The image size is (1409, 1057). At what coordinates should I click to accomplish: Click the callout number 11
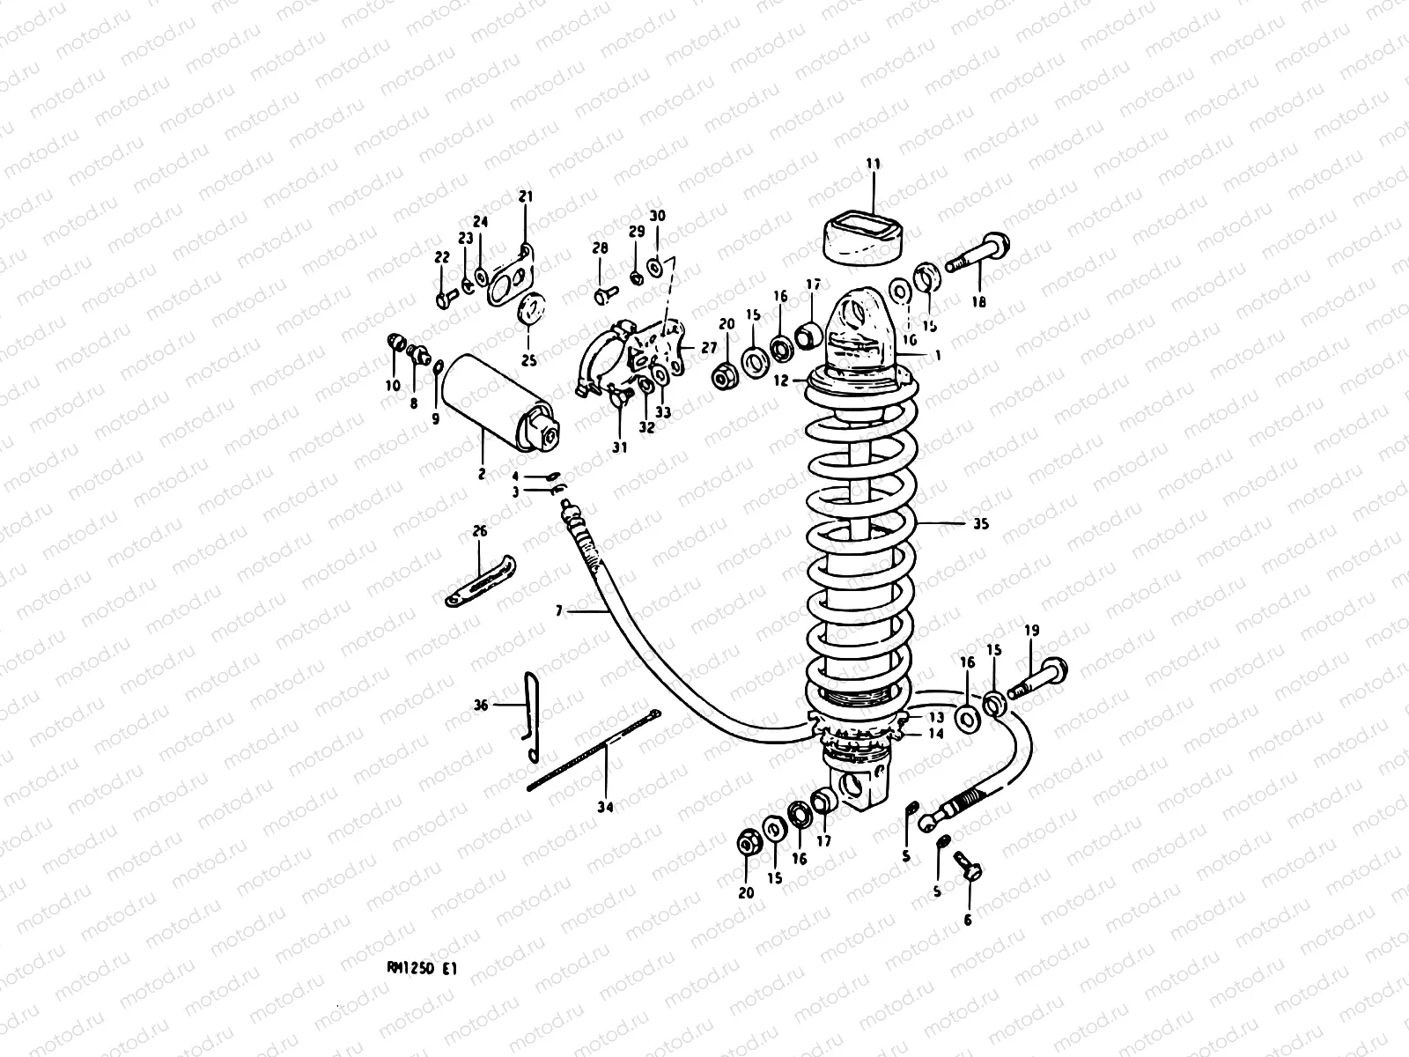[872, 164]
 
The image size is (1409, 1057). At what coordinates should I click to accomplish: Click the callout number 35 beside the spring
[981, 523]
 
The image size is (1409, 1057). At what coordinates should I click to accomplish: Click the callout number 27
[709, 348]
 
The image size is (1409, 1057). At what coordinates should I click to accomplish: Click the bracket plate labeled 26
[480, 581]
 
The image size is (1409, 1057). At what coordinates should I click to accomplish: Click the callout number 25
[527, 360]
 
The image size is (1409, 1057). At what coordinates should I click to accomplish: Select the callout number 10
[392, 385]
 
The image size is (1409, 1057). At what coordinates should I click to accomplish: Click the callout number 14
[935, 734]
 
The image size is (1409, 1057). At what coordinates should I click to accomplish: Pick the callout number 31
[619, 447]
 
